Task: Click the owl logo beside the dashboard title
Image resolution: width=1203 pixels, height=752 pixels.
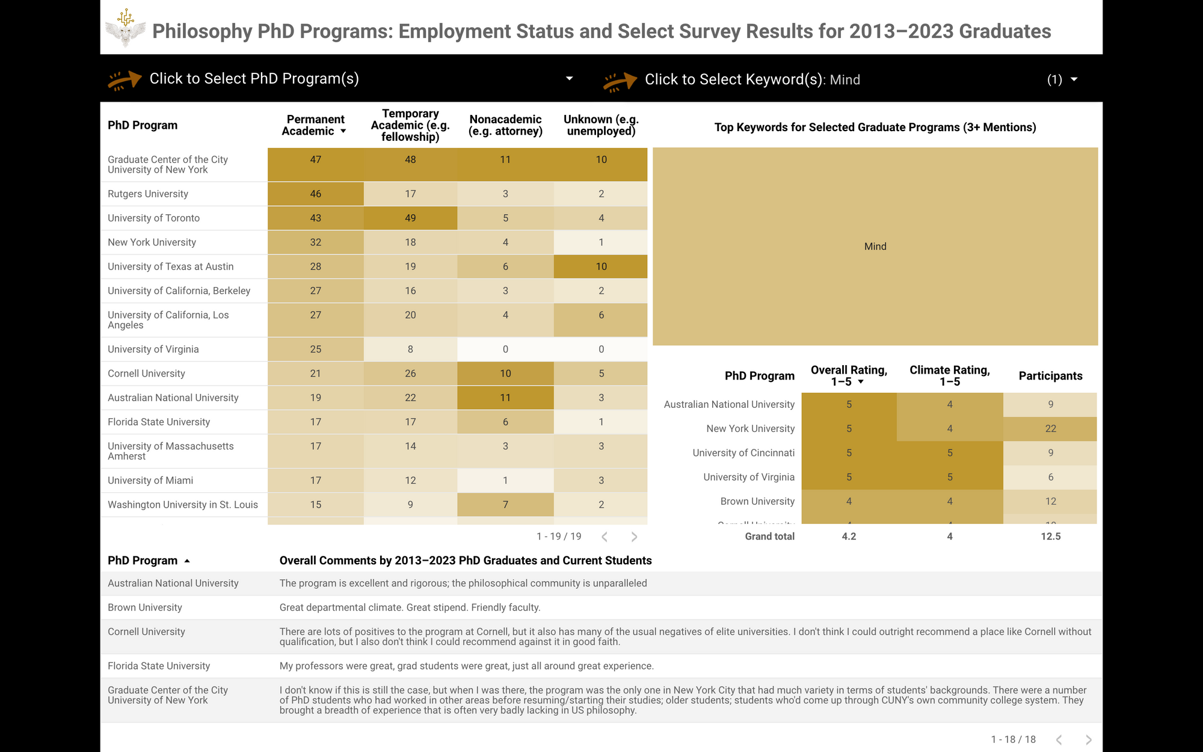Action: click(x=125, y=29)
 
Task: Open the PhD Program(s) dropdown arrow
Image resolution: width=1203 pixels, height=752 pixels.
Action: click(x=569, y=79)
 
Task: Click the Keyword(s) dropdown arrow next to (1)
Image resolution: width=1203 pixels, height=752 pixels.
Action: click(x=1074, y=79)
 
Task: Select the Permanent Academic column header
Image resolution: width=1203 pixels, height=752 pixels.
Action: click(x=315, y=125)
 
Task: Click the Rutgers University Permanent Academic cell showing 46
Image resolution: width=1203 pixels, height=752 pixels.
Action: click(x=315, y=194)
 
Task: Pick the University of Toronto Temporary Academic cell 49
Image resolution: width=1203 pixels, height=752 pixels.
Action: click(x=410, y=218)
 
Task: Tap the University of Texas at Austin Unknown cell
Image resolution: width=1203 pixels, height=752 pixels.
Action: click(x=601, y=267)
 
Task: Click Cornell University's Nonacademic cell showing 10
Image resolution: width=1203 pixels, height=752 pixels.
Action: click(x=505, y=374)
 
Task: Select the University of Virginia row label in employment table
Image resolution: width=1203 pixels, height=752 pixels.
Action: click(x=153, y=350)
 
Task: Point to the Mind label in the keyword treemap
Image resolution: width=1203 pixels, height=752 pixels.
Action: click(x=875, y=247)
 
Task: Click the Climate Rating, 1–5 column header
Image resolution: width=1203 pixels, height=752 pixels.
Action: click(x=949, y=375)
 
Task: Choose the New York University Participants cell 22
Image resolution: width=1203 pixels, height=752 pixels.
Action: click(x=1050, y=429)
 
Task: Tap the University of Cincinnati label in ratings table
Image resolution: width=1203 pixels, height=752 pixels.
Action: click(x=743, y=453)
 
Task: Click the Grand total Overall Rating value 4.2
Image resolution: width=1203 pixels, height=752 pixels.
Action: click(x=849, y=537)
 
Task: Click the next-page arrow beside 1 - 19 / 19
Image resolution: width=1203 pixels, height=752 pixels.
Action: click(x=634, y=537)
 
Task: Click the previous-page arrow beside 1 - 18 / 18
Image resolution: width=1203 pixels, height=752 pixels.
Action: click(x=1059, y=739)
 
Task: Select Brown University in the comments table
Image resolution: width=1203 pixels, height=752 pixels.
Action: click(x=145, y=608)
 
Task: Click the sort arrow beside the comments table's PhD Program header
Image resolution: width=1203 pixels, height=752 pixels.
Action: click(x=187, y=561)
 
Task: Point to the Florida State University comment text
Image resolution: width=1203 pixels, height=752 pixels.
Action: click(x=466, y=666)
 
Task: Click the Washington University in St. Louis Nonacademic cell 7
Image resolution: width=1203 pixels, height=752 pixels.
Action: click(x=505, y=505)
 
